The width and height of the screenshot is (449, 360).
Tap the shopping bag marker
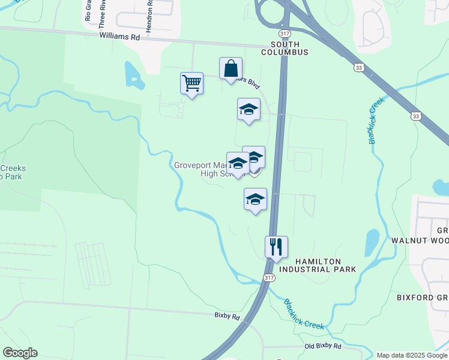click(x=231, y=68)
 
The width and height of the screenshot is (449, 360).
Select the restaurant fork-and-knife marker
click(x=276, y=247)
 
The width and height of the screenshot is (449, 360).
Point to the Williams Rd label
click(x=119, y=37)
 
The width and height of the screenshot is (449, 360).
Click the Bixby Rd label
click(x=227, y=315)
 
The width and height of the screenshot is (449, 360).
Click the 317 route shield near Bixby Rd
click(x=269, y=277)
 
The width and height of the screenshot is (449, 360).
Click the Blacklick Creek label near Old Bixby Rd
click(x=304, y=314)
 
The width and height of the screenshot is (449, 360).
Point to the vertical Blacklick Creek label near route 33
click(x=376, y=122)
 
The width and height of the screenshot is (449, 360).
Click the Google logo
click(x=20, y=353)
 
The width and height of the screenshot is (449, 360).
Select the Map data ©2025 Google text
click(x=412, y=355)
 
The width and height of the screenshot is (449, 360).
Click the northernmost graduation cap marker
click(x=249, y=109)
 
